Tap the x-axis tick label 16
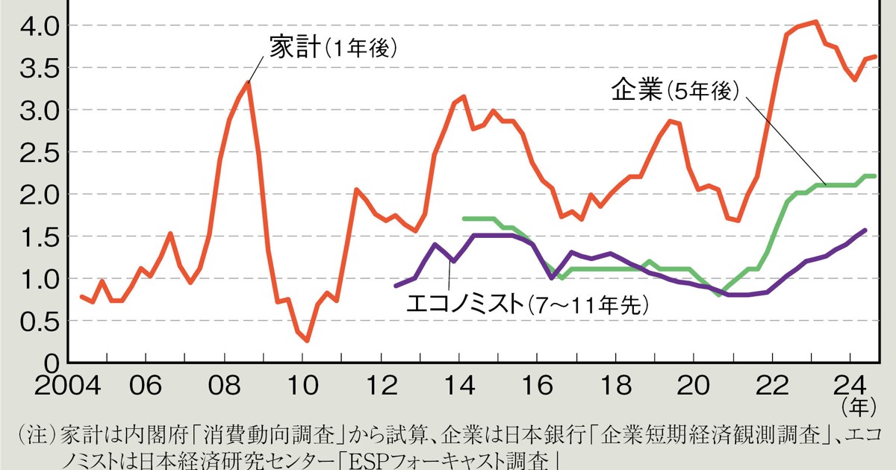pyautogui.click(x=536, y=388)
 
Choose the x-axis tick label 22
pyautogui.click(x=771, y=388)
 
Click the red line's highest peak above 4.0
pyautogui.click(x=815, y=22)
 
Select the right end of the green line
pyautogui.click(x=874, y=176)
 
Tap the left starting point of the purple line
pyautogui.click(x=396, y=285)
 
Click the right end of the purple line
pyautogui.click(x=865, y=230)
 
